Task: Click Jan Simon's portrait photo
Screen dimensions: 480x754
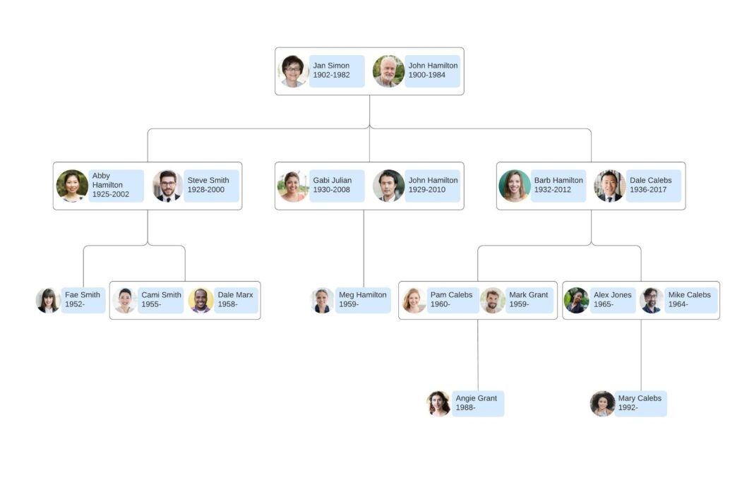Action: (x=292, y=71)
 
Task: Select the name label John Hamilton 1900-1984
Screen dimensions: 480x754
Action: (x=432, y=71)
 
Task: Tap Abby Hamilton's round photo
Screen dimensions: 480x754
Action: (x=72, y=186)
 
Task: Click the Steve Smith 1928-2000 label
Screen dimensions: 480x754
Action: (x=211, y=186)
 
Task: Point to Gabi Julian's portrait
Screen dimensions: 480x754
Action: (x=293, y=186)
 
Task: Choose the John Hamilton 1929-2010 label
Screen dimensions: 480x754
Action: (x=432, y=186)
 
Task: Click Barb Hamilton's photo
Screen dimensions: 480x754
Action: (x=514, y=186)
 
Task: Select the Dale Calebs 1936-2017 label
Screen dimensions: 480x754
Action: (x=653, y=186)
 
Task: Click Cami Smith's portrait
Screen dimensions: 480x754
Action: (x=125, y=300)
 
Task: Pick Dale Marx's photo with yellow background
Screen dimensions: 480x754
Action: (x=201, y=300)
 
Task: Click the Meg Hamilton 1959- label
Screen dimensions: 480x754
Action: (x=362, y=300)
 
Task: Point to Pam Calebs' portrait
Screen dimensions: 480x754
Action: (x=414, y=300)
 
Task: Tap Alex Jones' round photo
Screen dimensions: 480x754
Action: (x=576, y=300)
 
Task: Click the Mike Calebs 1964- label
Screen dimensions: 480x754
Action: (x=690, y=300)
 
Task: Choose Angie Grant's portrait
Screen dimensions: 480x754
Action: (x=438, y=404)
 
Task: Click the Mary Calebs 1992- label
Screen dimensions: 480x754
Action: (x=640, y=404)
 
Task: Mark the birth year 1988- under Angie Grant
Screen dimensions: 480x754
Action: (x=465, y=408)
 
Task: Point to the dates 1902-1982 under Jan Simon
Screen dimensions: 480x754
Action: (x=331, y=75)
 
